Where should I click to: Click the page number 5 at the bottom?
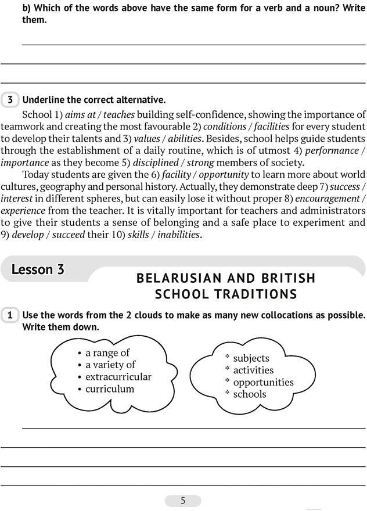point(183,501)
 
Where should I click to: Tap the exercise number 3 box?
point(10,100)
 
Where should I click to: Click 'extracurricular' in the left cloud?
point(118,377)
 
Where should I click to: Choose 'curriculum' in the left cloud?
point(110,389)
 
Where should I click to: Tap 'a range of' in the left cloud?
point(107,352)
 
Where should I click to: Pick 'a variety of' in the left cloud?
point(110,365)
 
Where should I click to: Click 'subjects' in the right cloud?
point(251,358)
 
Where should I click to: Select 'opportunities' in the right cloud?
point(263,382)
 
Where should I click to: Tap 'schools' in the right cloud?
point(250,394)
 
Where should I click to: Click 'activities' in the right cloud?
point(253,370)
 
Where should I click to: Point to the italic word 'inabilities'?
point(175,235)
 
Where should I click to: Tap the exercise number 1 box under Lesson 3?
point(10,315)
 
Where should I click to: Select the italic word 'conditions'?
point(232,127)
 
